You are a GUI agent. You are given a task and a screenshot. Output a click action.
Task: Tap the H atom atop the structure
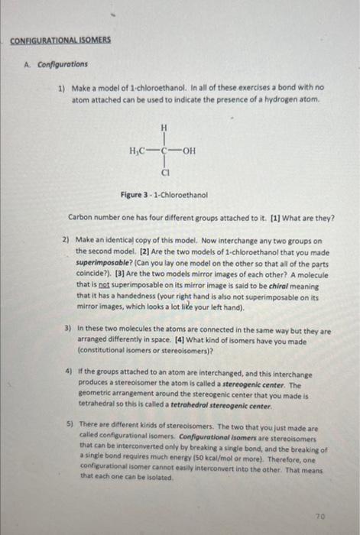coord(162,128)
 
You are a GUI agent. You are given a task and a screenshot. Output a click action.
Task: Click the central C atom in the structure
coord(162,151)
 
